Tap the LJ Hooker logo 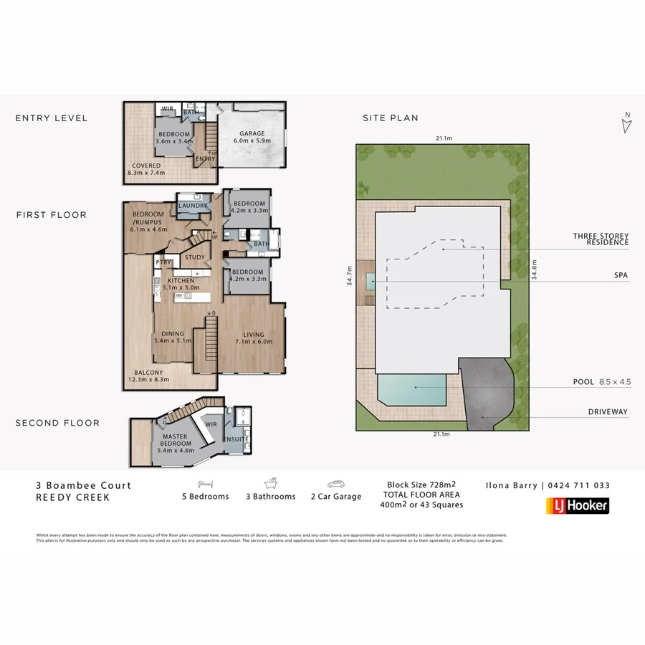573,506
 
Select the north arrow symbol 626,124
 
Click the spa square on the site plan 368,282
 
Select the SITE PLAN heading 390,118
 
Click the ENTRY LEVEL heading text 51,118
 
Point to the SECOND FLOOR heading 57,423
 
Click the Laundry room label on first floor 193,206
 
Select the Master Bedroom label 176,440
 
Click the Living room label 254,335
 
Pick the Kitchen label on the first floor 181,280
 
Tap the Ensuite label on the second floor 236,439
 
